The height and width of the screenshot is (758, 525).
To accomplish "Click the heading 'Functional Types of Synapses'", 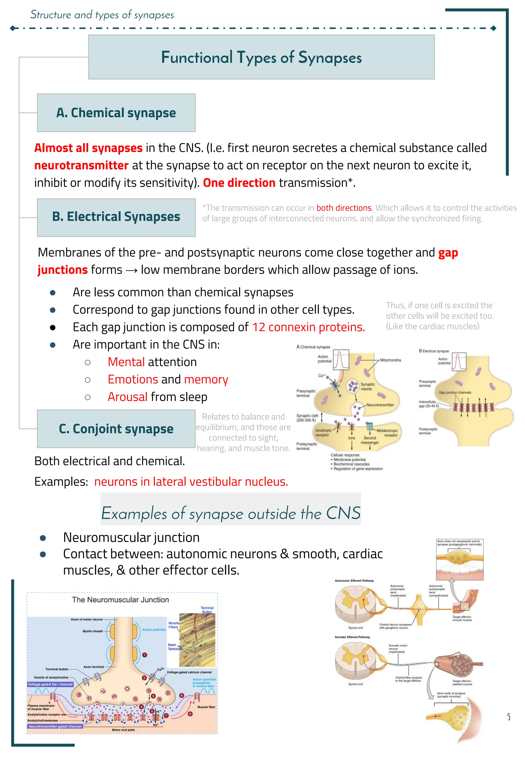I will coord(261,58).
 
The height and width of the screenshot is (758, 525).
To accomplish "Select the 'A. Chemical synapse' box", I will coord(116,113).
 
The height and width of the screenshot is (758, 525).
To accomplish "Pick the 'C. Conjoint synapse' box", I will coord(116,429).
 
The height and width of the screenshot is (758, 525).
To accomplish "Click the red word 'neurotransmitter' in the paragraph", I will coord(81,165).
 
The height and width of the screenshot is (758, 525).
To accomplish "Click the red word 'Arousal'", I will coord(128,397).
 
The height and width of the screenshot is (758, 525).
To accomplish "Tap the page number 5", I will coord(509,717).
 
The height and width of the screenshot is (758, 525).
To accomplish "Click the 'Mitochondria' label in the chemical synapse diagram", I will coord(390,360).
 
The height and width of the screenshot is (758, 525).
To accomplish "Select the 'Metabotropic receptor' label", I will coord(388,433).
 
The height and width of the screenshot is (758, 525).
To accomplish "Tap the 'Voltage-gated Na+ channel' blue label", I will coord(50,684).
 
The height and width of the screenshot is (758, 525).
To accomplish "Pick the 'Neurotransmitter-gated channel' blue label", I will coord(55,726).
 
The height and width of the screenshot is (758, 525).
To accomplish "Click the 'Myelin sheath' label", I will coord(93,631).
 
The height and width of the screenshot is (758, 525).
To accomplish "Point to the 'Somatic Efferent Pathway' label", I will coord(352,637).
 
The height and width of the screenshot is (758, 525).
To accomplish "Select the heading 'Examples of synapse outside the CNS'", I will coord(231,513).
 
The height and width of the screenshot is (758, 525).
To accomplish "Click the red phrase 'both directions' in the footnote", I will coord(344,208).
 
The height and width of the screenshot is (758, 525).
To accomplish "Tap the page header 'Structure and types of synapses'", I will coord(102,15).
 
